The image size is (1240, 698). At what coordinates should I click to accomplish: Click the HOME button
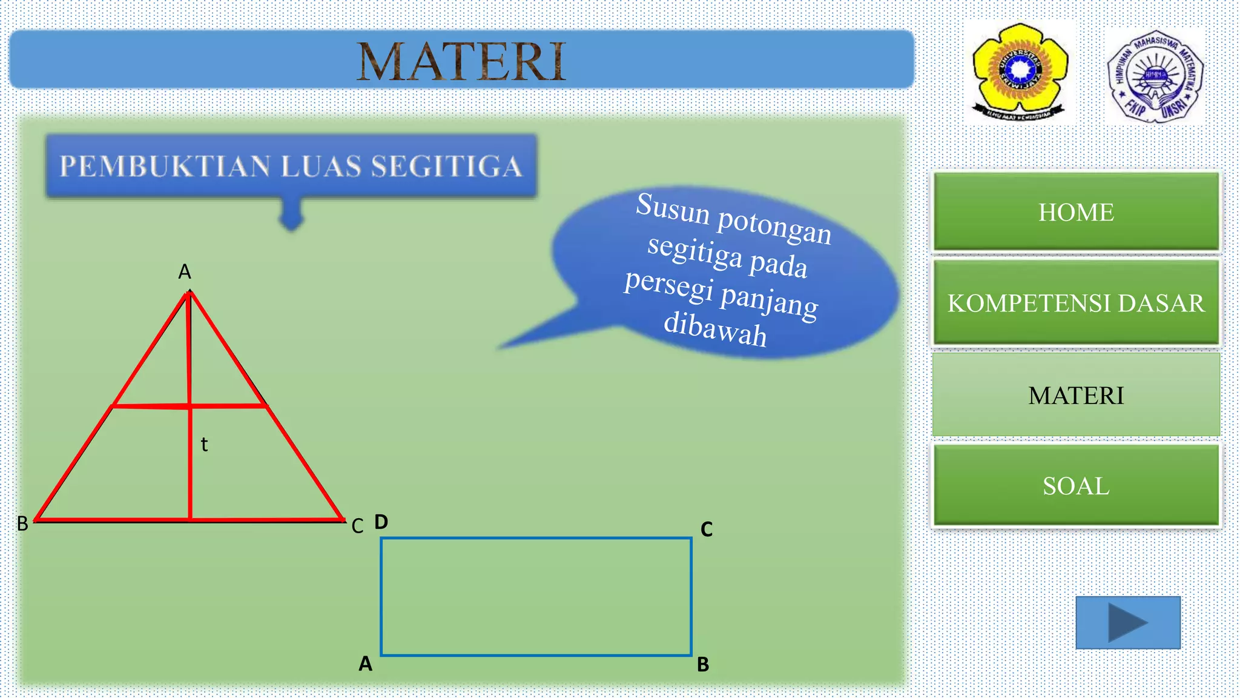(1076, 212)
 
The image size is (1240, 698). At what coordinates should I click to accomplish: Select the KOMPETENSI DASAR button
(1076, 303)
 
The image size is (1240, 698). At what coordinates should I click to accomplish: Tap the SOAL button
(1076, 486)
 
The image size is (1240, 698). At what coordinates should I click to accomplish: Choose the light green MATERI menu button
(1076, 395)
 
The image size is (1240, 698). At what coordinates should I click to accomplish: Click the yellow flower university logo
(1020, 71)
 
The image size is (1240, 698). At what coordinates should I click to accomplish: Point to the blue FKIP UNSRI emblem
(1155, 76)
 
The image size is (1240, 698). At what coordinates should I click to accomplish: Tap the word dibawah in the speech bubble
(716, 330)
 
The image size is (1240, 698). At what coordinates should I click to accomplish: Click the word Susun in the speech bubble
(673, 208)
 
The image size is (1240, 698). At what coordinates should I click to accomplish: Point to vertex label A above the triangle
(185, 272)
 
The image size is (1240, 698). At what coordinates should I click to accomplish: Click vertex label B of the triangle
(22, 524)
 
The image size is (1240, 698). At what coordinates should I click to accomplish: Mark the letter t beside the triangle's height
(204, 445)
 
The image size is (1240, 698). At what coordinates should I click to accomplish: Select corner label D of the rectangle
(381, 522)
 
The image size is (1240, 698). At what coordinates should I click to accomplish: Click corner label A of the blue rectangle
(365, 664)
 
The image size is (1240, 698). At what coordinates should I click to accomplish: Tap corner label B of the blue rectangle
(703, 665)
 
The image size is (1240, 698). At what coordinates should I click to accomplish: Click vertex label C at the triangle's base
(357, 526)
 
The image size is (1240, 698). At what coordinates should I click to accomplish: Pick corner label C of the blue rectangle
(707, 530)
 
